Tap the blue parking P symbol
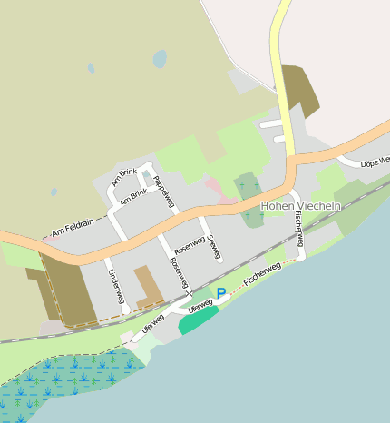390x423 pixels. click(220, 293)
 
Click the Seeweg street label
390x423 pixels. click(214, 247)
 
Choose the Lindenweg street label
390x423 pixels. click(115, 285)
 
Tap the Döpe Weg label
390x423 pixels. click(374, 162)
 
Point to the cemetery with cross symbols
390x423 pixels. click(247, 187)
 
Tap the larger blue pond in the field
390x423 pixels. click(160, 59)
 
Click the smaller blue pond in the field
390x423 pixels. click(91, 68)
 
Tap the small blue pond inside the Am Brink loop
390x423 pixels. click(145, 175)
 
